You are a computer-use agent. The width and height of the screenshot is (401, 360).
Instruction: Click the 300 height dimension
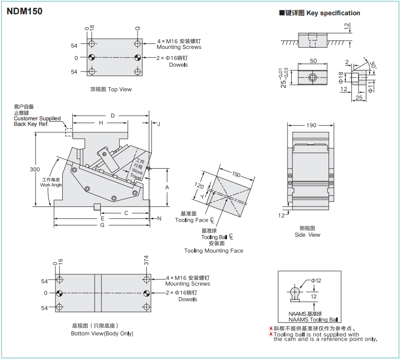coord(35,169)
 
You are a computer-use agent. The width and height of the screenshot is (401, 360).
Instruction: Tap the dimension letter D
coord(112,116)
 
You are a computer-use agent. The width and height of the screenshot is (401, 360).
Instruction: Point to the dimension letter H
coord(101,123)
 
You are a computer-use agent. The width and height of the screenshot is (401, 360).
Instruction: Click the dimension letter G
coord(102,225)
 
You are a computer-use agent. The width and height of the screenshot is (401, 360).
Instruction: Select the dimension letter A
coord(167,187)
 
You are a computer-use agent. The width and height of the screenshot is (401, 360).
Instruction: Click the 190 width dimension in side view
coord(311,125)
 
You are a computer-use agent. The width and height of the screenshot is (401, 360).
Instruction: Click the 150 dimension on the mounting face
coord(236,175)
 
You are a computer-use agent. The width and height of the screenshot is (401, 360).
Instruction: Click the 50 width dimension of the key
coord(313,61)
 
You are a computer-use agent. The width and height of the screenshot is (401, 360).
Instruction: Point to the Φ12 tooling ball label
coord(316,280)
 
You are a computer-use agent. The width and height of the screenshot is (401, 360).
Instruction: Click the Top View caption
coord(111,89)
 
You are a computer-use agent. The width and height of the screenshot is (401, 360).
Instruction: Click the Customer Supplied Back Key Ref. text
coord(37,121)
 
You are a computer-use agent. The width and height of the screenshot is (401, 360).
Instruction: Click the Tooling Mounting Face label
coord(213,251)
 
